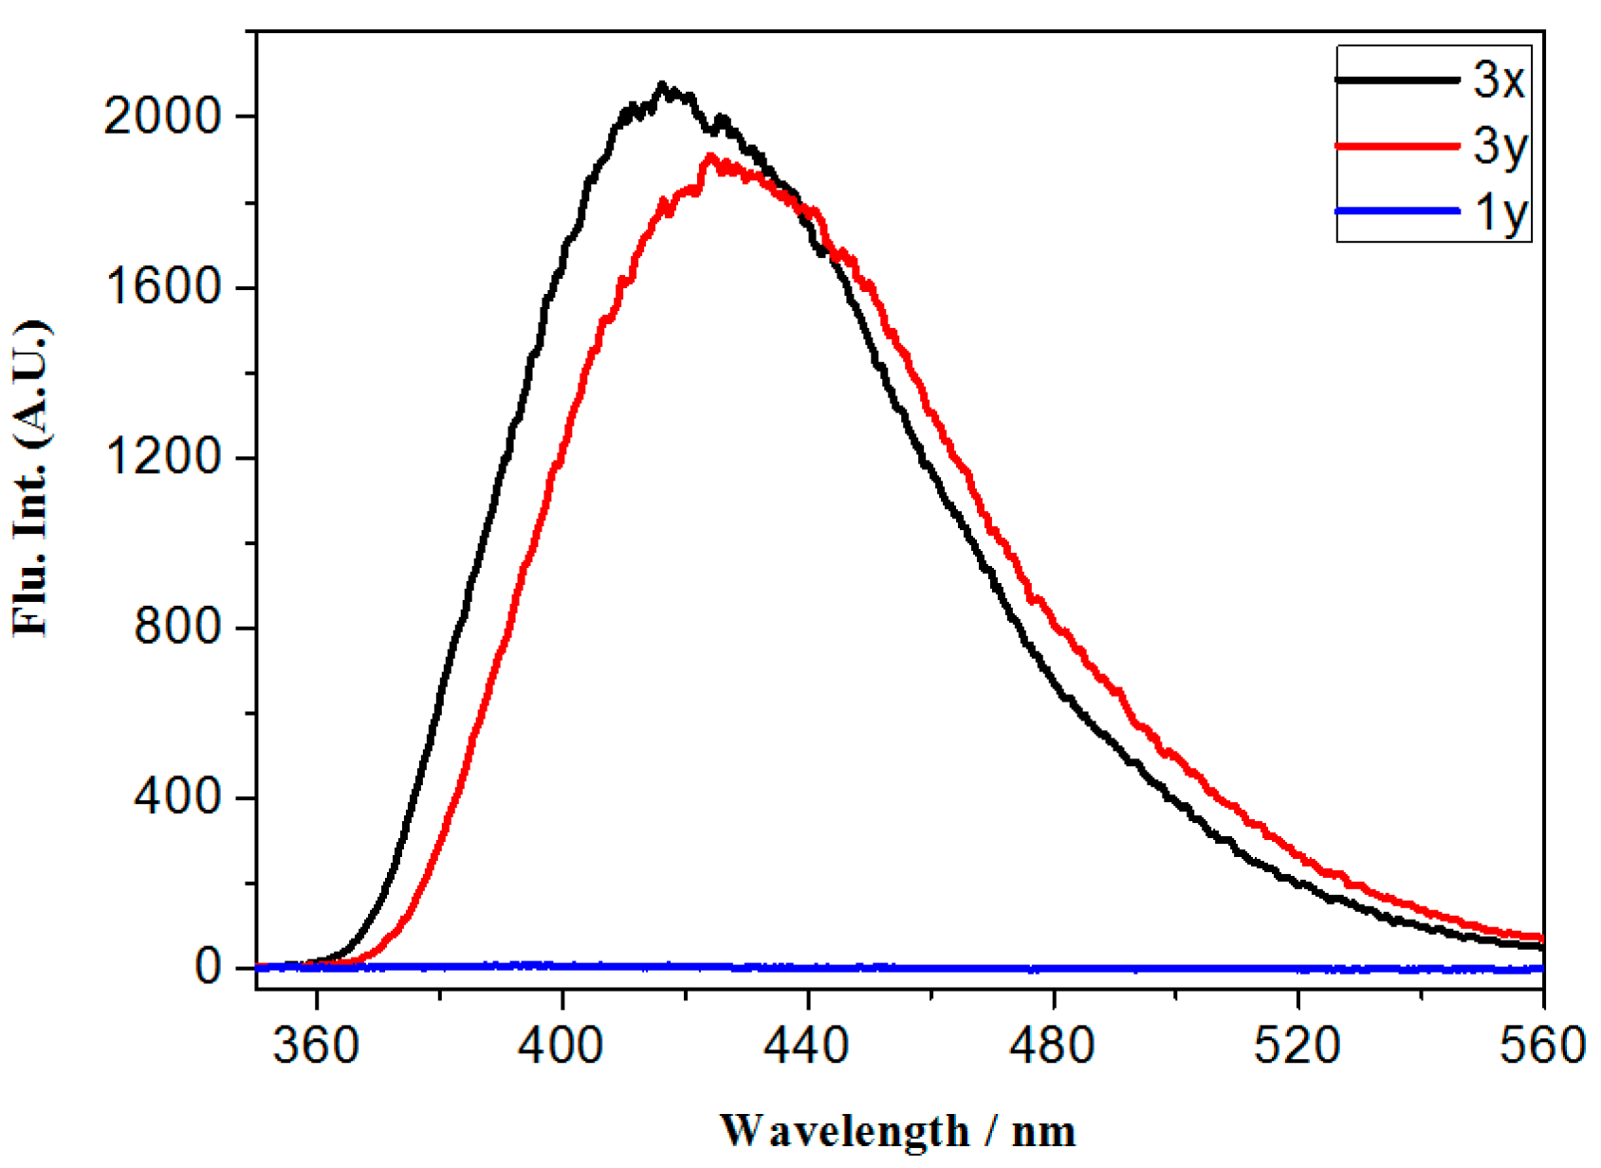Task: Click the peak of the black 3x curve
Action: pos(662,85)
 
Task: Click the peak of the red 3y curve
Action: pos(709,156)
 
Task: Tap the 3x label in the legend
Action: pos(1499,80)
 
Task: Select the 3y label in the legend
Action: pos(1500,147)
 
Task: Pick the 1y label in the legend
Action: pos(1500,211)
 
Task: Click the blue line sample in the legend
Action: pos(1396,210)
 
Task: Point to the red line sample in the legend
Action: pos(1396,146)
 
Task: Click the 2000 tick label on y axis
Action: pos(162,118)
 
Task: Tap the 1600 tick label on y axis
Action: pos(162,287)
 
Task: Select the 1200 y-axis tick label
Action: pos(162,457)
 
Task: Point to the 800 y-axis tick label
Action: pos(176,627)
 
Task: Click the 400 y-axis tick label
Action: pos(176,796)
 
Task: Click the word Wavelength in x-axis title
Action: pos(844,1131)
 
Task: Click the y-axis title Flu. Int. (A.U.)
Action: pos(32,479)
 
